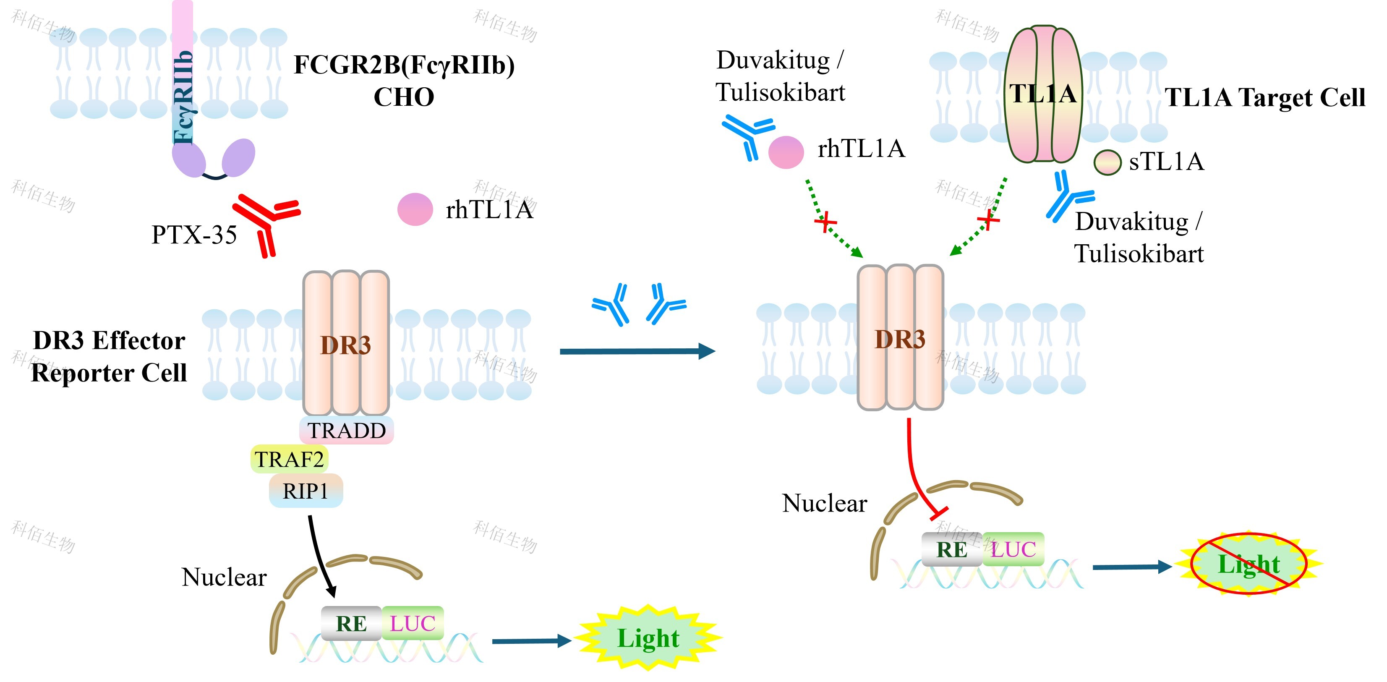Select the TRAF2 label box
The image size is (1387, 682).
click(x=289, y=459)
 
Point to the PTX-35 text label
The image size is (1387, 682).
click(x=194, y=235)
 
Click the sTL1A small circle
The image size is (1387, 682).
click(x=1107, y=162)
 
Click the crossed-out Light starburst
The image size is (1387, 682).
click(x=1249, y=564)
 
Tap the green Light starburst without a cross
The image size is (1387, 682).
click(x=648, y=638)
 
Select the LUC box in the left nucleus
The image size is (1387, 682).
click(x=413, y=623)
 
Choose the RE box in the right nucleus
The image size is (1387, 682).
click(x=952, y=549)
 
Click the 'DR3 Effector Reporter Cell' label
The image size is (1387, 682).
click(x=109, y=356)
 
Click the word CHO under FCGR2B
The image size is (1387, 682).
click(x=404, y=97)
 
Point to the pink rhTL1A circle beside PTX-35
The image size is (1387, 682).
click(x=415, y=209)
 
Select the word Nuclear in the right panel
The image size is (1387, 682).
click(x=824, y=503)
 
